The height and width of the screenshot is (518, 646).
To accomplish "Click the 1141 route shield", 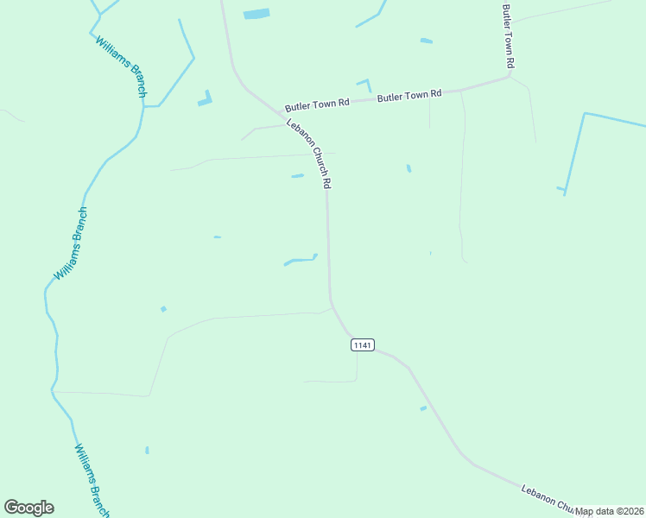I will (363, 345).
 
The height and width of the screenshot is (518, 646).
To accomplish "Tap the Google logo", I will (28, 508).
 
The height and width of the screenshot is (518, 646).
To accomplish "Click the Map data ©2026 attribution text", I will (610, 511).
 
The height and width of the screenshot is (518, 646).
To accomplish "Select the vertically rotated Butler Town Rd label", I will (509, 36).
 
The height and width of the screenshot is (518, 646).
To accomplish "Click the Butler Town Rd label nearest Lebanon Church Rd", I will (317, 104).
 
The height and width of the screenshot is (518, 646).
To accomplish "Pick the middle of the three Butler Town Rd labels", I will (409, 96).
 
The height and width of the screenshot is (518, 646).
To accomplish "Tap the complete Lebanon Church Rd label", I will (310, 154).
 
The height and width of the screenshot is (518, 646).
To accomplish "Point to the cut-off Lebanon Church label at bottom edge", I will (548, 500).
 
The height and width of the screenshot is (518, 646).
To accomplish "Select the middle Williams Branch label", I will (71, 243).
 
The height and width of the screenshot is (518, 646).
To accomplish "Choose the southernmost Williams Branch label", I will (92, 480).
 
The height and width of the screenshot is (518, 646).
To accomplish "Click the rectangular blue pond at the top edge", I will (256, 14).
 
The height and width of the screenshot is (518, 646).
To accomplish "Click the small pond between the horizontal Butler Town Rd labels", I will (364, 85).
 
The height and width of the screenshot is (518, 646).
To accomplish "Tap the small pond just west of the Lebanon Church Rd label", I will (297, 176).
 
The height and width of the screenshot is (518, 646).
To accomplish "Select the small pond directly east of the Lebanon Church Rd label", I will (408, 168).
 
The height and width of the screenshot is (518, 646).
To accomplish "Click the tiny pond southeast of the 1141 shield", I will (423, 408).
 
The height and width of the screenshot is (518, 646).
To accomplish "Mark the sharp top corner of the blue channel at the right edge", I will (585, 113).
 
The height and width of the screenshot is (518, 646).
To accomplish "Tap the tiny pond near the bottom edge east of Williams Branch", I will (147, 450).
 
